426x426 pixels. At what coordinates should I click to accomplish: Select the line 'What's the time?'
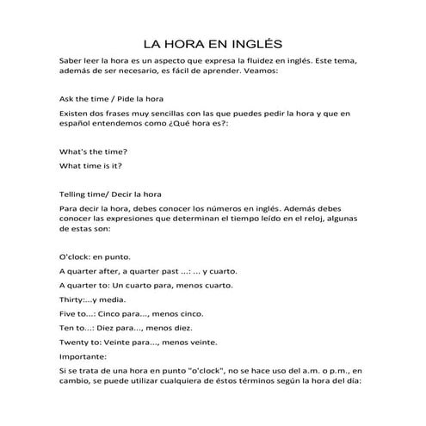point(91,151)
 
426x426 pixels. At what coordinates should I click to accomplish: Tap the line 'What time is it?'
point(90,165)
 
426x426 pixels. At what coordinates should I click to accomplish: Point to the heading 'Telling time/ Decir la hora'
point(116,194)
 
